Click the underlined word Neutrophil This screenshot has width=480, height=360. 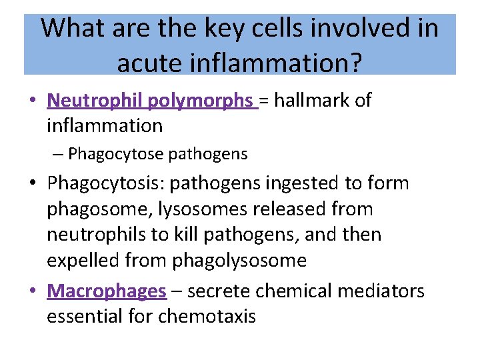coord(95,100)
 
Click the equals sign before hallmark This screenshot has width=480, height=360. coord(265,101)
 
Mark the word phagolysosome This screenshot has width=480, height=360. coord(239,261)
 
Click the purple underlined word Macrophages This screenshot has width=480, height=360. coord(106,291)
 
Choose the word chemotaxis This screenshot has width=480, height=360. coord(207,316)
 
